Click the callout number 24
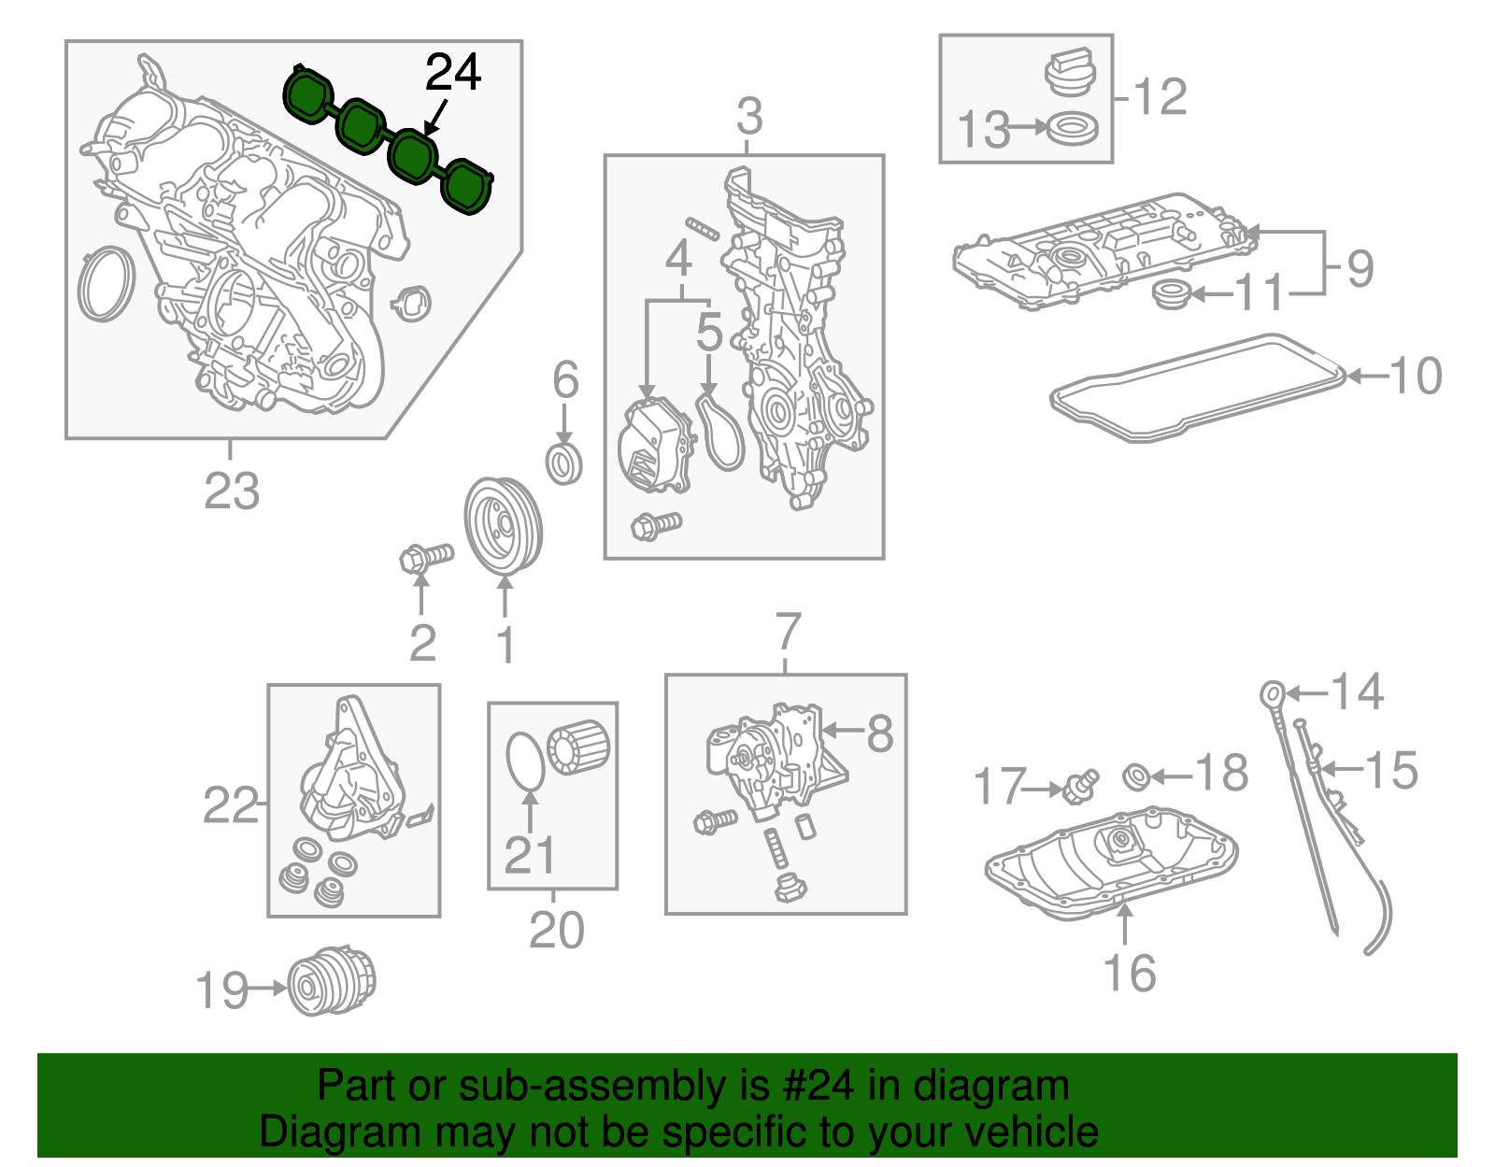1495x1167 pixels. [453, 73]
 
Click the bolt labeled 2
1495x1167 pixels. [425, 558]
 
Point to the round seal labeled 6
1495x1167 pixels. [564, 463]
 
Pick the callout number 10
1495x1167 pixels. [1417, 377]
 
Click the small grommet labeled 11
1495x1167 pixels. [1171, 296]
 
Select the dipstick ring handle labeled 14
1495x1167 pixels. [1272, 693]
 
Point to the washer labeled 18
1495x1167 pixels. [1136, 776]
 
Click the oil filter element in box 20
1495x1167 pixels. [580, 747]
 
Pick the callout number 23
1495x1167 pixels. [232, 491]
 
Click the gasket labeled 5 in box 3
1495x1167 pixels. [721, 432]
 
